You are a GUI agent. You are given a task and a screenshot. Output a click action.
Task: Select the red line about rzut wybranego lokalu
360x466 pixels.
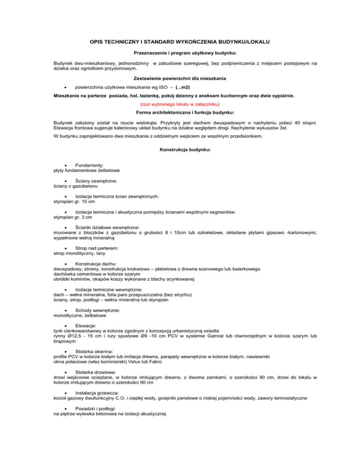pos(180,104)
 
